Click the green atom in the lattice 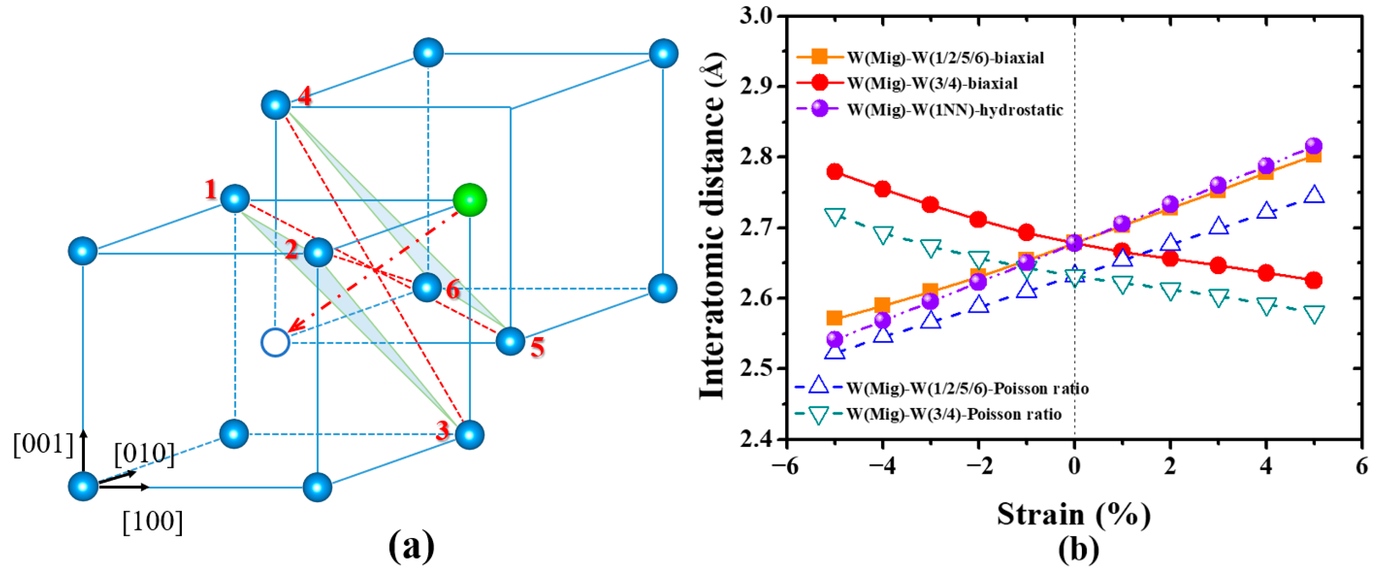pos(469,200)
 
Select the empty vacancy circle pos(275,342)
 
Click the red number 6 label pos(453,290)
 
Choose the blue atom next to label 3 pos(469,435)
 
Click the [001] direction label pos(43,444)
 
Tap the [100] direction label pos(153,521)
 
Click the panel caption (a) pos(411,545)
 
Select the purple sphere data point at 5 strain pos(1313,146)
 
